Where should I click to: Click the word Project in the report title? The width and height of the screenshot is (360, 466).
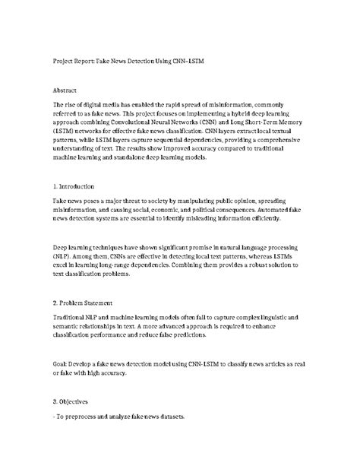pyautogui.click(x=65, y=58)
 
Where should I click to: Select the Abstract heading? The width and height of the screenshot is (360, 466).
pyautogui.click(x=67, y=90)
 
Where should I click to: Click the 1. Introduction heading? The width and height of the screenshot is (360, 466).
pyautogui.click(x=74, y=185)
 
